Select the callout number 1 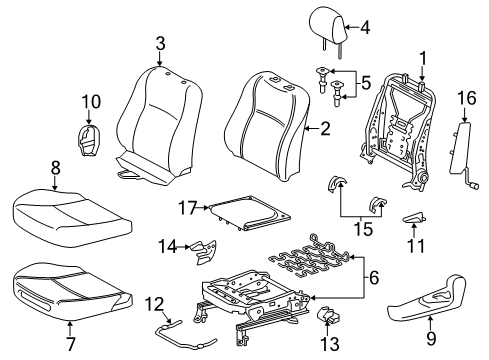tap(423, 59)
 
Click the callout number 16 tap(467, 98)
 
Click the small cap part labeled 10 tap(88, 140)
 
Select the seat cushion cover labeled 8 tap(72, 218)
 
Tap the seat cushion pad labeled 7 tap(72, 292)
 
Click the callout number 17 tap(188, 208)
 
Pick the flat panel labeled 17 tap(248, 213)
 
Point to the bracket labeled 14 tap(203, 252)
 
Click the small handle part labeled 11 tap(414, 218)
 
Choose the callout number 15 tap(363, 229)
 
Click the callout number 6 tap(374, 278)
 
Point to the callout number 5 tap(366, 83)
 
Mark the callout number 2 tap(325, 128)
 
